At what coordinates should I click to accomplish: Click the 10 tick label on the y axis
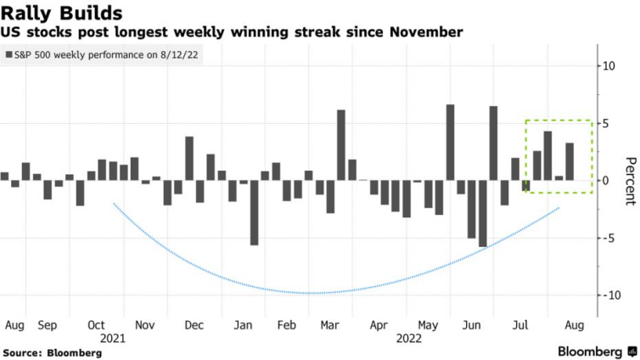(609, 65)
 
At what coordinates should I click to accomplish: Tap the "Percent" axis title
(629, 181)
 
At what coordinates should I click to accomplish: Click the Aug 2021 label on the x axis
(14, 324)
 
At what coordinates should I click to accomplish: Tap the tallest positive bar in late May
(450, 142)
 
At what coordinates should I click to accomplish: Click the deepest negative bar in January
(254, 212)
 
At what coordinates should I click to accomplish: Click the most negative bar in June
(483, 213)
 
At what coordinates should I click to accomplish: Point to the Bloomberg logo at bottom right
(595, 351)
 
